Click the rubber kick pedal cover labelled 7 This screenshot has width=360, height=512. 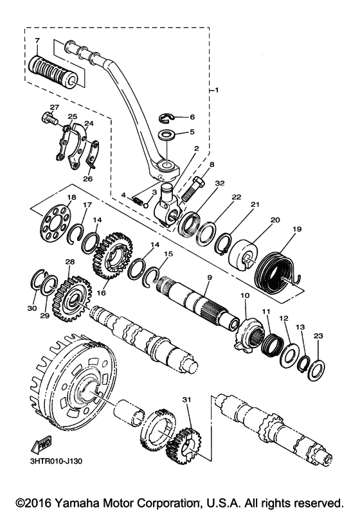pos(54,70)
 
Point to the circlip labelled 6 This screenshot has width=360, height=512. pos(167,119)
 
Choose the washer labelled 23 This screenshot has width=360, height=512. pos(316,370)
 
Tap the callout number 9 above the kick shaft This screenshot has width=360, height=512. pos(209,278)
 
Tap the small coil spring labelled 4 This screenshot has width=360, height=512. pos(137,200)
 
